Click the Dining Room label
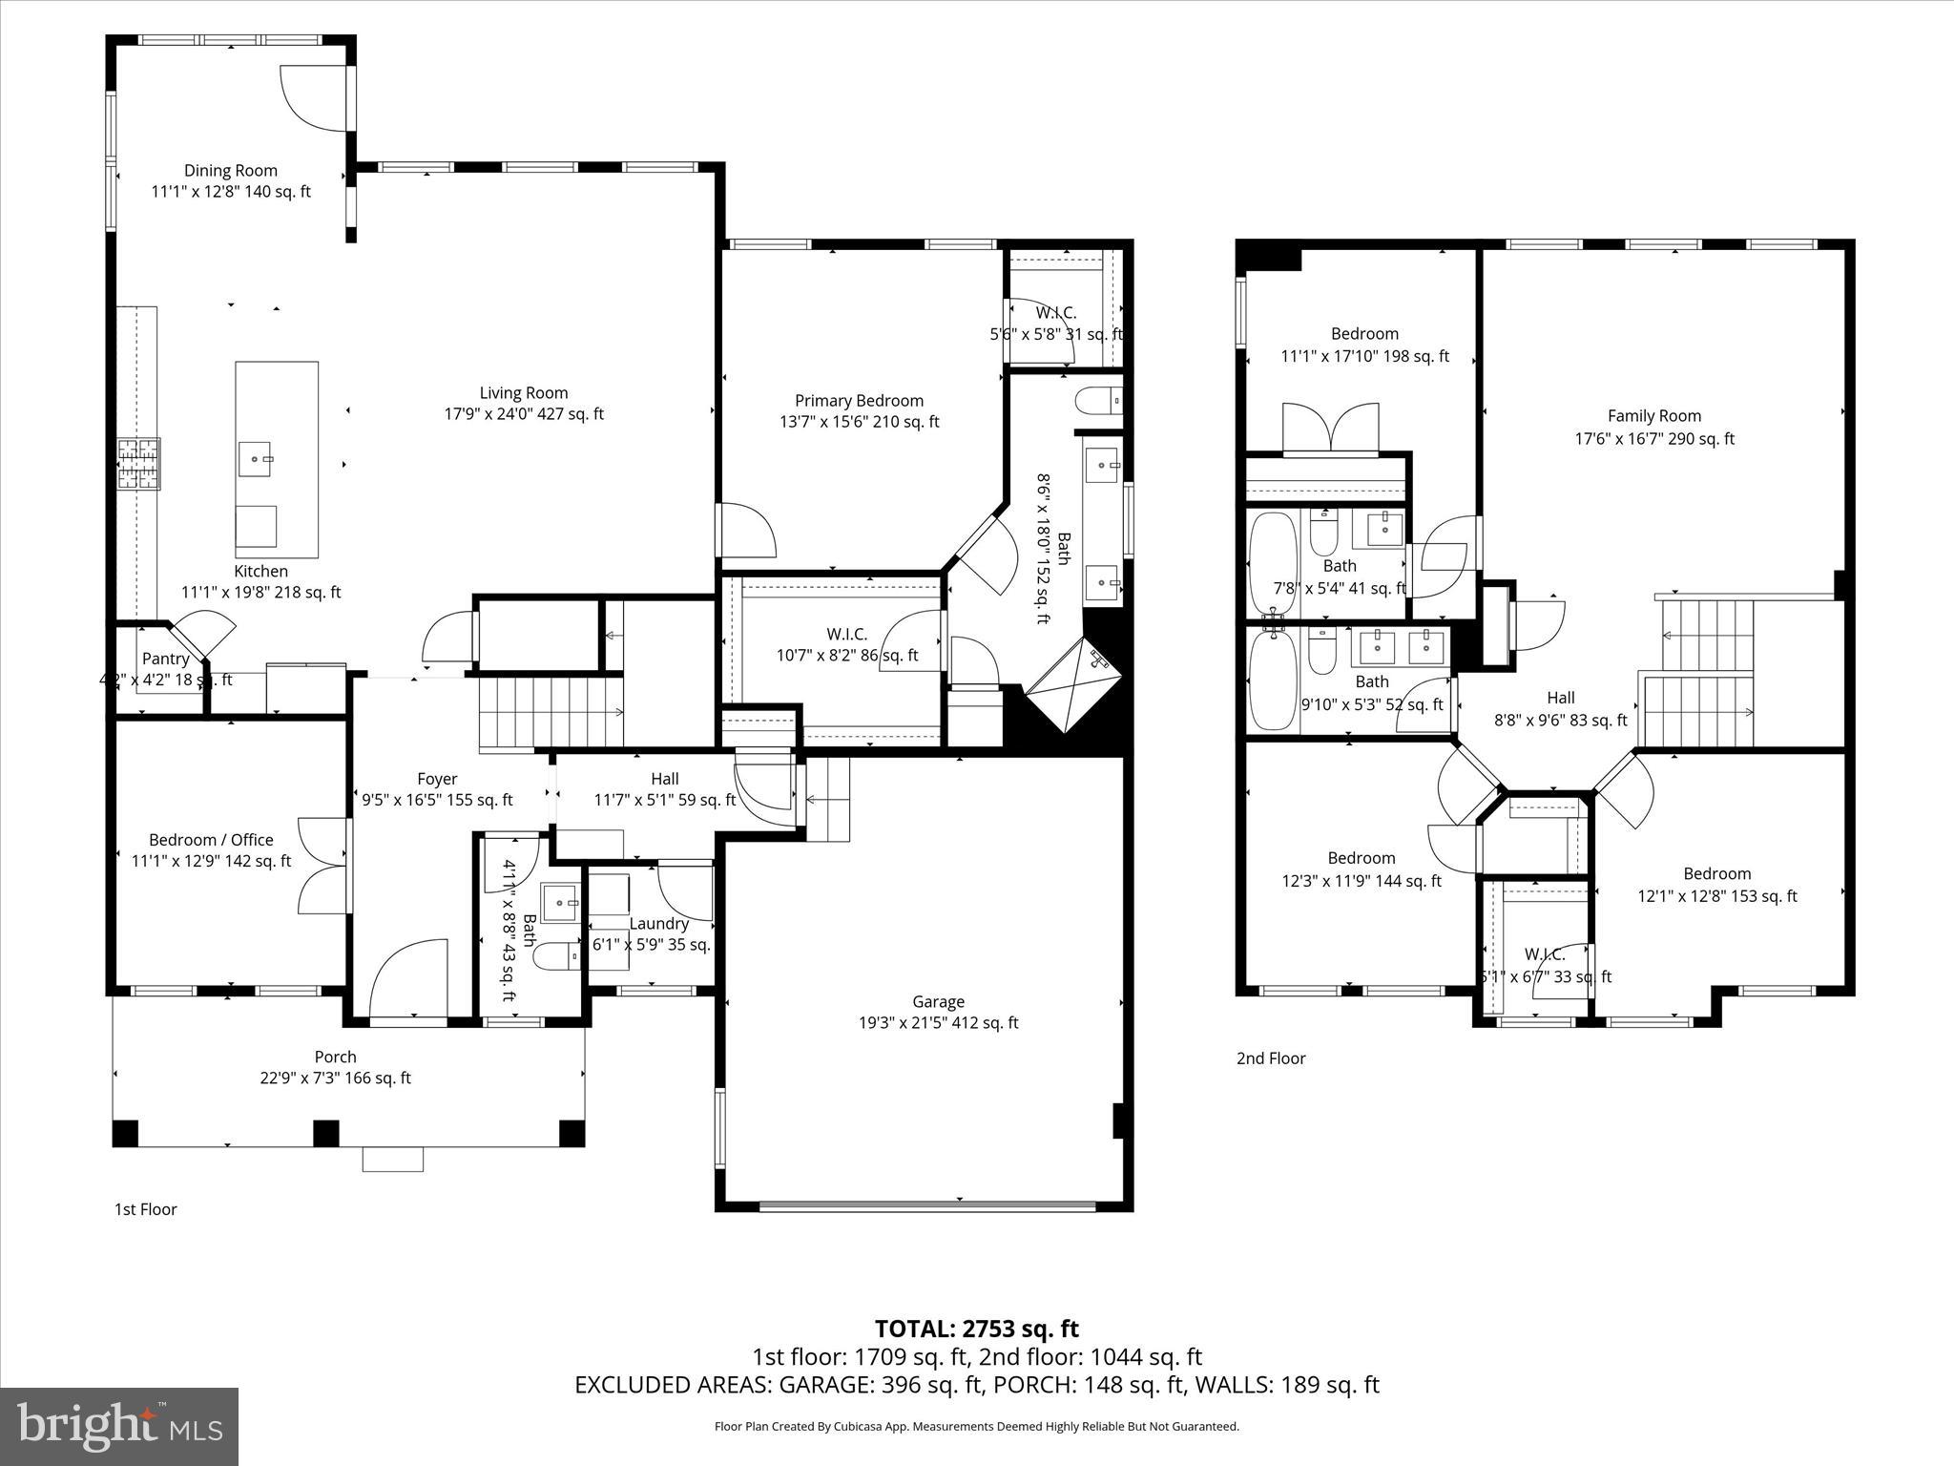[x=231, y=171]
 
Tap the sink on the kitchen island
[x=256, y=459]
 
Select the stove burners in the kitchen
[x=139, y=464]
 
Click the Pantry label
[x=165, y=659]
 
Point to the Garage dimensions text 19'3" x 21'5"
[x=938, y=1023]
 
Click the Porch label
[x=335, y=1057]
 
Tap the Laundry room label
[x=658, y=923]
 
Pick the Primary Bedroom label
[x=859, y=401]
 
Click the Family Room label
[x=1653, y=416]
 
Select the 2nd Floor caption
[x=1271, y=1058]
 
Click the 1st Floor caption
[x=146, y=1209]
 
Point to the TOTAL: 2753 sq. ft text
[x=976, y=1329]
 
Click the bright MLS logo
[x=119, y=1426]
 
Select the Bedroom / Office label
[x=211, y=840]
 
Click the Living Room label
[x=524, y=393]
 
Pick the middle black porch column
[x=326, y=1133]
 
